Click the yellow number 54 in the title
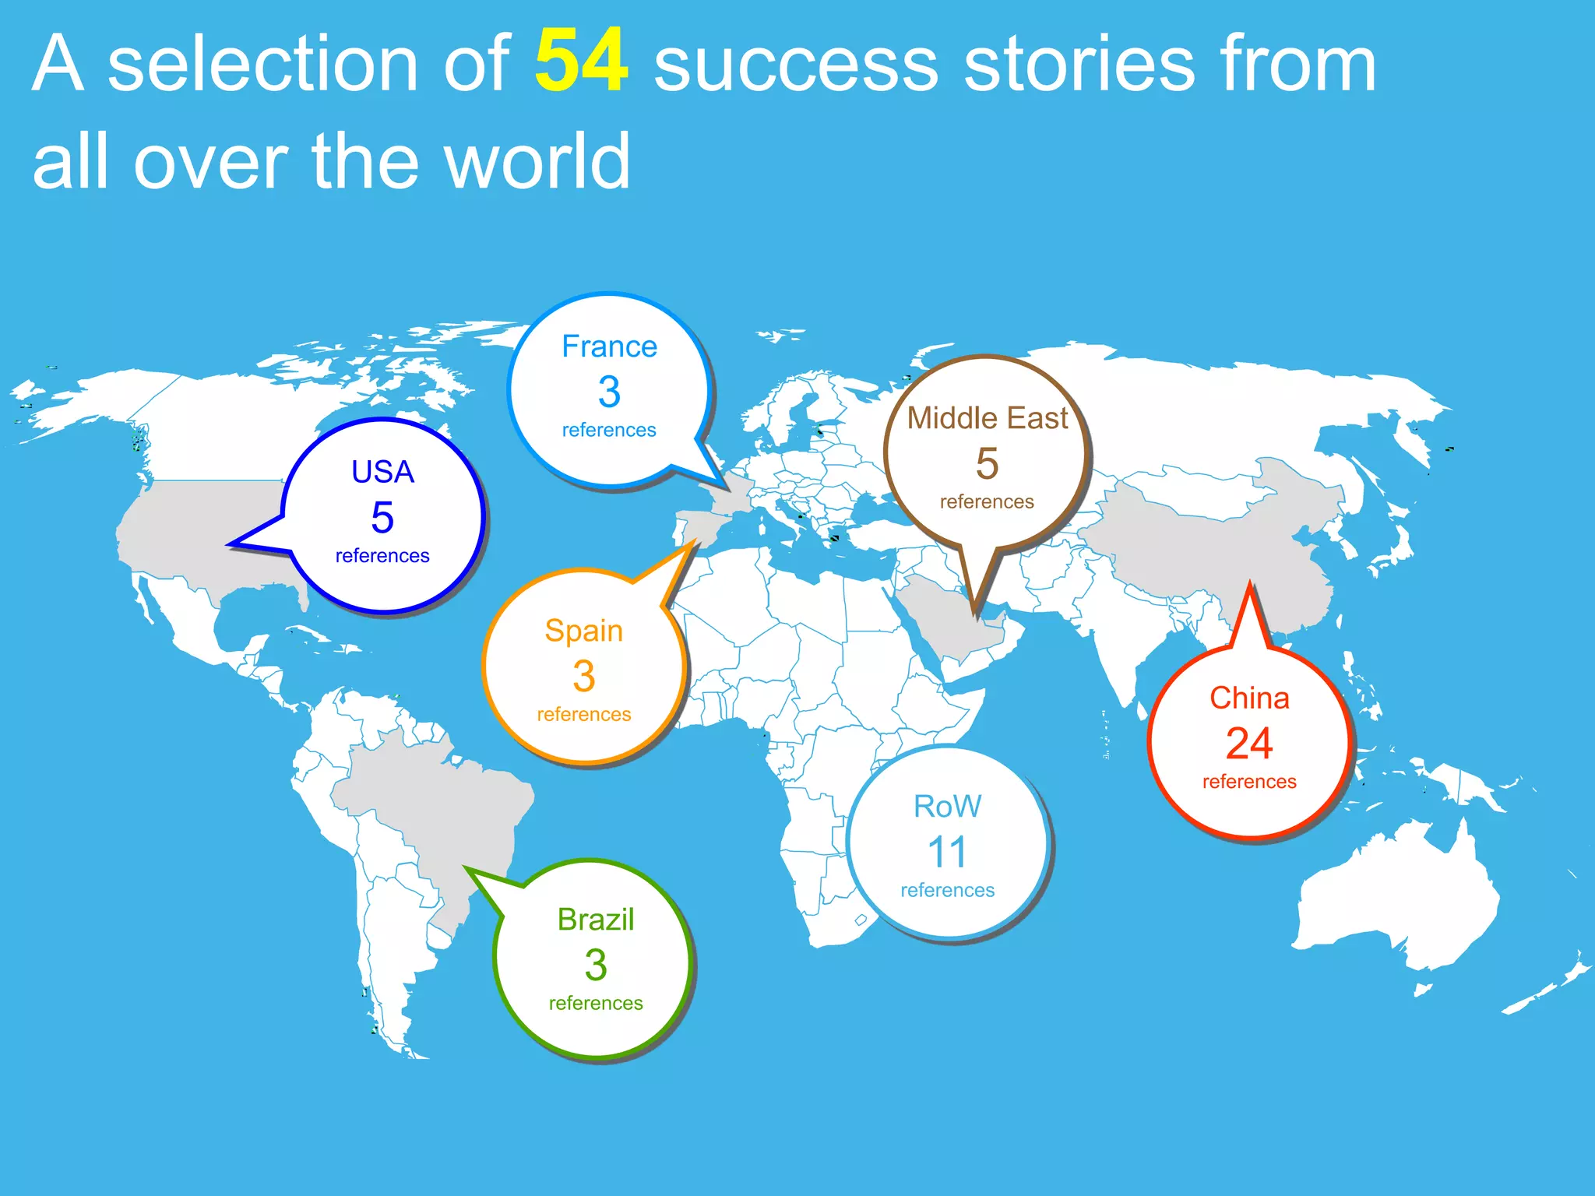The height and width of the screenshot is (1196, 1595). [581, 62]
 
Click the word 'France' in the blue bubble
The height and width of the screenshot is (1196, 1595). [609, 346]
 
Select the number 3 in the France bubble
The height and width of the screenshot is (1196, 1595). [609, 391]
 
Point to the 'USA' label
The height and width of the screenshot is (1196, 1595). [382, 472]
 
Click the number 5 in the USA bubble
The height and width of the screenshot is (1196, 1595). [382, 518]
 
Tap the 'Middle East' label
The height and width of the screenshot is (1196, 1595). [987, 418]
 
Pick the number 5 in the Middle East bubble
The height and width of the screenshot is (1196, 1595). [987, 464]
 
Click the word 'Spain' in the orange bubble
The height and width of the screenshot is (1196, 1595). [583, 631]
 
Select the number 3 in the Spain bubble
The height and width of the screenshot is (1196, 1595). [583, 676]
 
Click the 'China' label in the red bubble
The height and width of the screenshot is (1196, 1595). [1249, 698]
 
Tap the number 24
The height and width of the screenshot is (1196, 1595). [1249, 743]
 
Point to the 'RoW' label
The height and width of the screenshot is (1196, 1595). [947, 807]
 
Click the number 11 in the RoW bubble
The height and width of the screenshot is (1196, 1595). [947, 852]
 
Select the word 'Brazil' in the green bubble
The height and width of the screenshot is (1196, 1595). [596, 920]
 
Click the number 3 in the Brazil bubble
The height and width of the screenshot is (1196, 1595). [596, 965]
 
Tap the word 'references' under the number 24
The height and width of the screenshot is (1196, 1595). [1249, 782]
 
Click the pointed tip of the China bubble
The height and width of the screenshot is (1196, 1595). [1250, 584]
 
